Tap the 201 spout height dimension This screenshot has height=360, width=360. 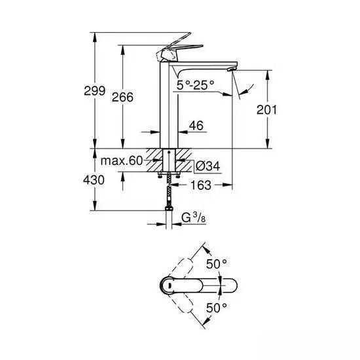coord(267,110)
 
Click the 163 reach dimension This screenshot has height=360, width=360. coord(201,186)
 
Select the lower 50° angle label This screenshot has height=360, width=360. coord(217,306)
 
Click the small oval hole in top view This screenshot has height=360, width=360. coord(168,285)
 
